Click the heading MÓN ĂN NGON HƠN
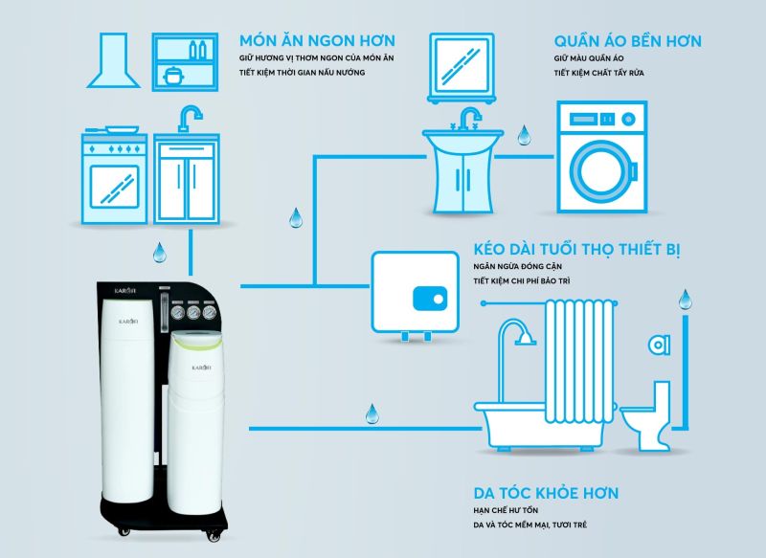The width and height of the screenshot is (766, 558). point(318,40)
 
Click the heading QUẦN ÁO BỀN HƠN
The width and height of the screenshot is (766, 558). point(627,40)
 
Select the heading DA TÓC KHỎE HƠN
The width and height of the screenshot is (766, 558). point(546,494)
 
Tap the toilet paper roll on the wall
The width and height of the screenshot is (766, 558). point(658,342)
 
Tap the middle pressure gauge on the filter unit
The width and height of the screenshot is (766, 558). point(191,312)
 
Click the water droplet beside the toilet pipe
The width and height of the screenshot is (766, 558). point(683,300)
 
